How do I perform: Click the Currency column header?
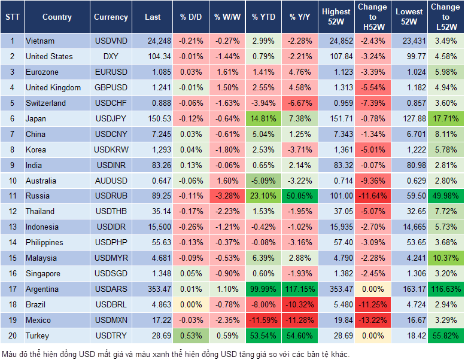(111, 17)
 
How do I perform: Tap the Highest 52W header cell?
(336, 17)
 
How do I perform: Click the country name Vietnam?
(40, 41)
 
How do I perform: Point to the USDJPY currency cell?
(110, 118)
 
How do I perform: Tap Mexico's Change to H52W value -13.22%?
(372, 320)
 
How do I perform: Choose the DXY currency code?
(110, 56)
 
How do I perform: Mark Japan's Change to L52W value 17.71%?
(445, 118)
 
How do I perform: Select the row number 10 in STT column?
(12, 181)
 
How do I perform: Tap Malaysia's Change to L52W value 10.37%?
(445, 258)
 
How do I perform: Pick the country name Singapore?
(43, 273)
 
